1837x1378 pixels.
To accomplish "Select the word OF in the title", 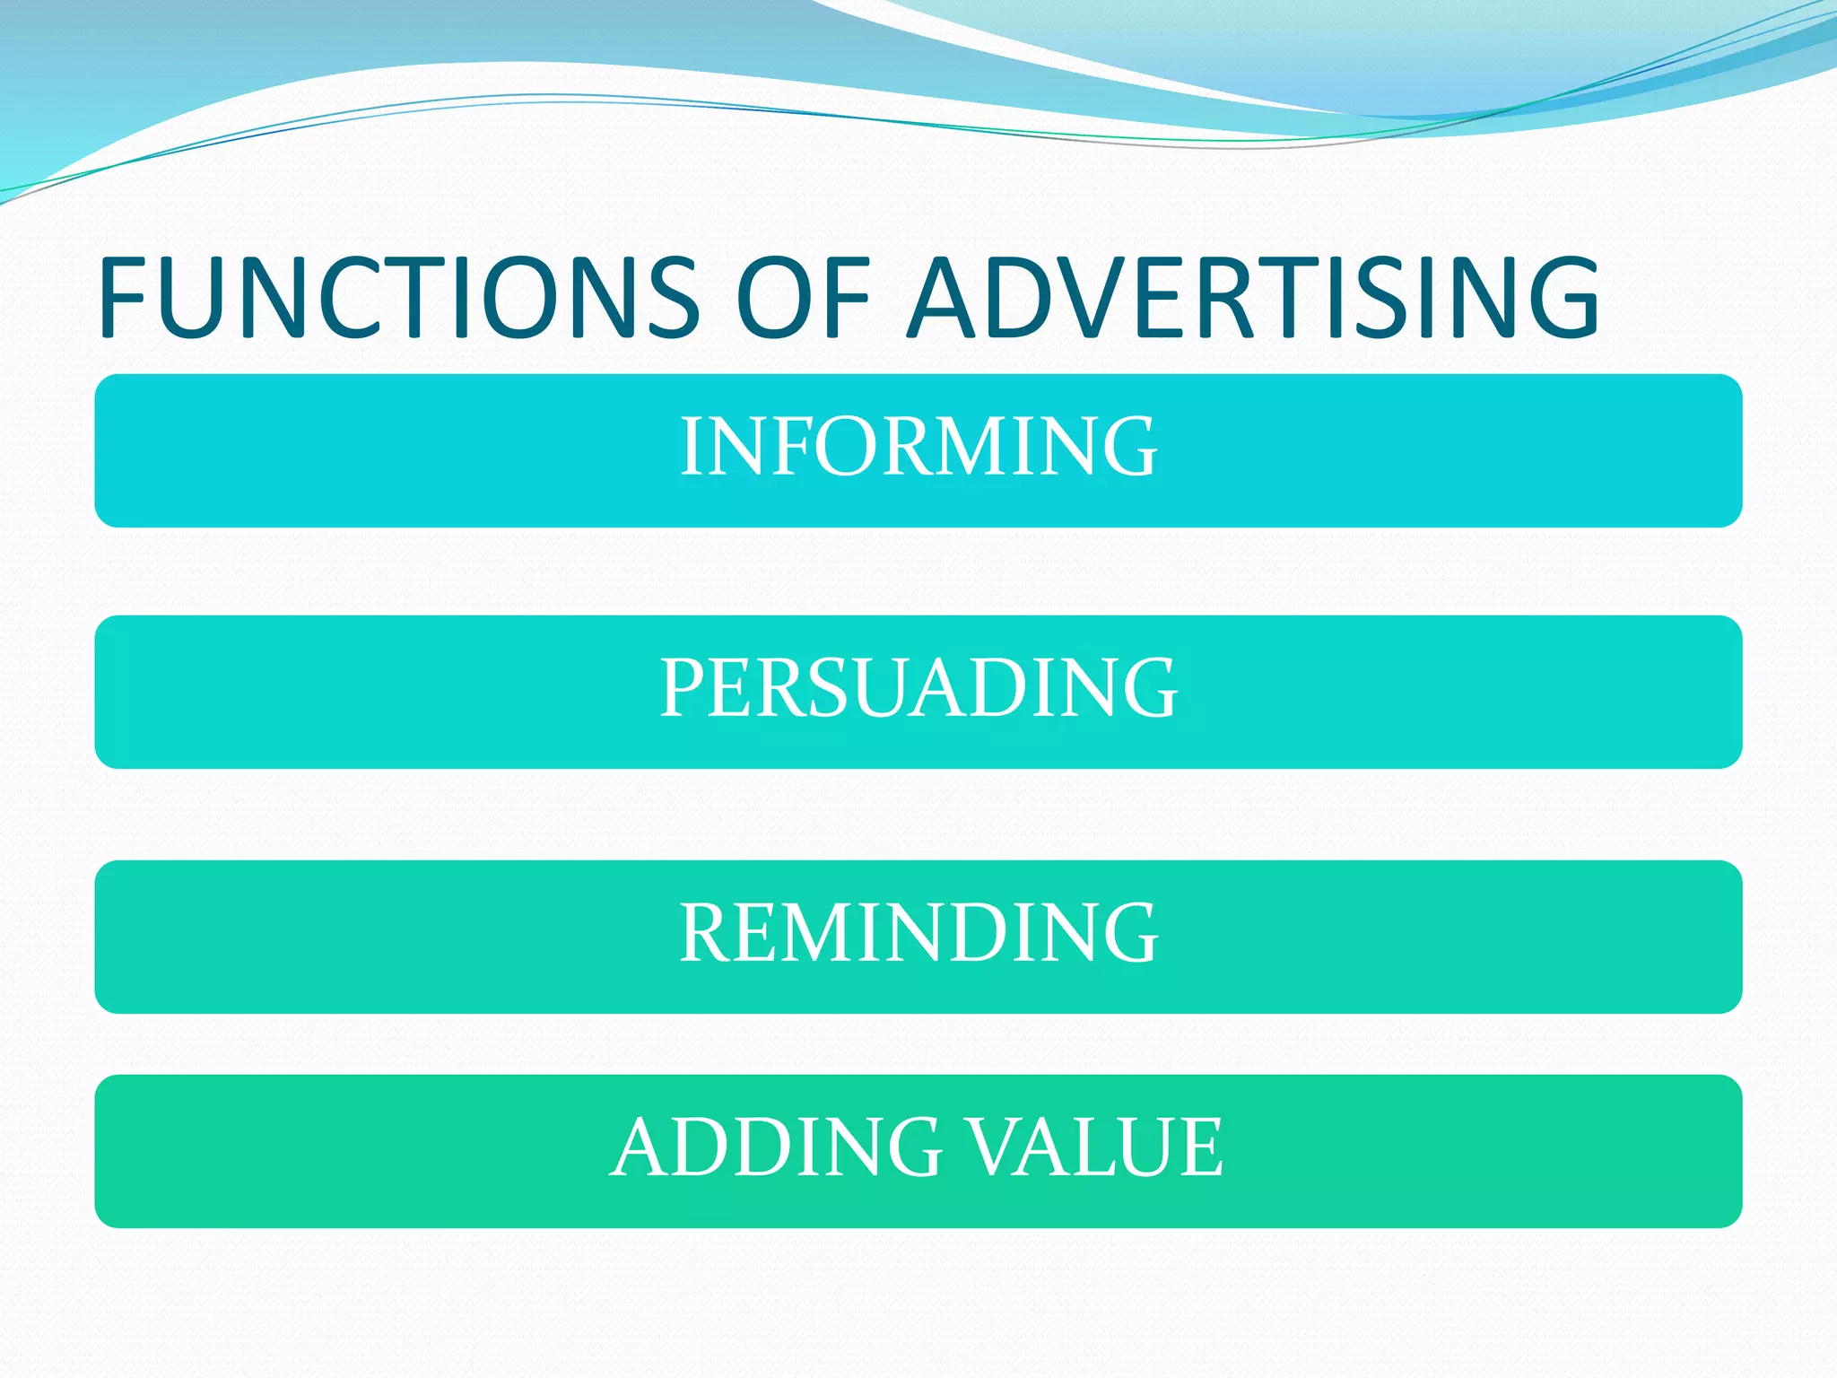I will (804, 298).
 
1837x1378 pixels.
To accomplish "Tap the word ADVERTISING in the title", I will (1253, 298).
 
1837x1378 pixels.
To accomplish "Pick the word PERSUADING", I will (918, 688).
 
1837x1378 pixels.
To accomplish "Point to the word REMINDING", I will (918, 934).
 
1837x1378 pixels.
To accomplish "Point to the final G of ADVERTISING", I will (1560, 298).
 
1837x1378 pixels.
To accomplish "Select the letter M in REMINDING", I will (822, 934).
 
